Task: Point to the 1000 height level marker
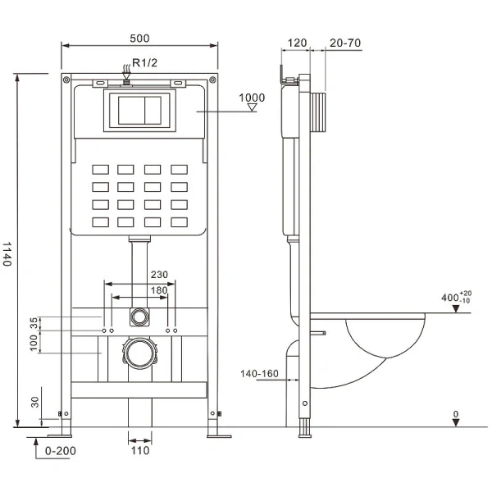point(252,98)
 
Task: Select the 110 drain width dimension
point(139,450)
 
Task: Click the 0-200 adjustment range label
point(61,450)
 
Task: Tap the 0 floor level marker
point(456,415)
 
